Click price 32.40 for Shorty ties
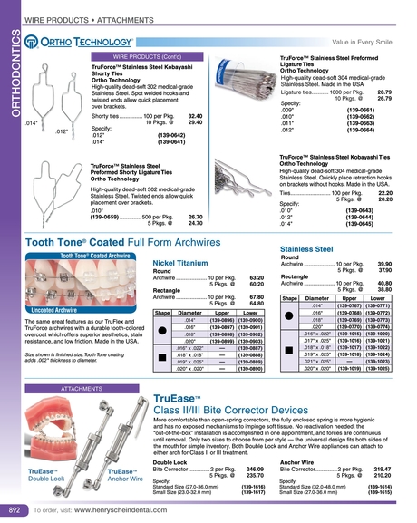(x=194, y=116)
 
